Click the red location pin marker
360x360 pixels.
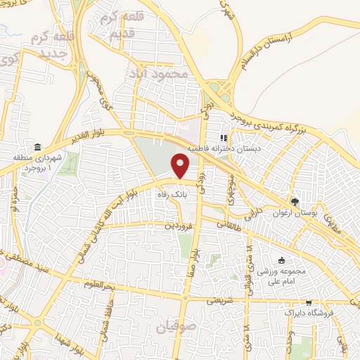coord(181,166)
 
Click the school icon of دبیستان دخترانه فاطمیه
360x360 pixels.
coord(224,139)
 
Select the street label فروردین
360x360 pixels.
coord(179,226)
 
